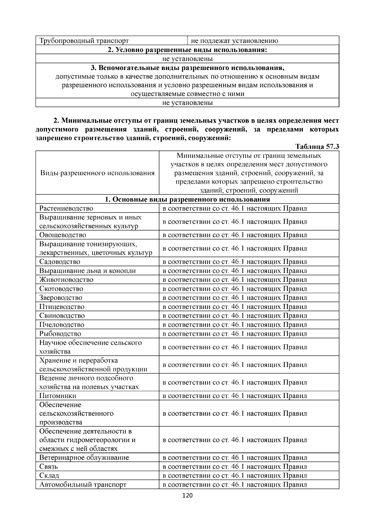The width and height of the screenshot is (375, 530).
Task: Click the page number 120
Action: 187,496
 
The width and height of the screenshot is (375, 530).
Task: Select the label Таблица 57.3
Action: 317,147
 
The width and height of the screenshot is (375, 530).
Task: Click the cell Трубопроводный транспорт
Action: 84,41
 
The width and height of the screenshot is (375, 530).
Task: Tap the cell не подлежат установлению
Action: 234,41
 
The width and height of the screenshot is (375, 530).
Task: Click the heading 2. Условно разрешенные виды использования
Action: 187,50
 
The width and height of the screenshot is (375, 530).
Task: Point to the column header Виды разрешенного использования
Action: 97,173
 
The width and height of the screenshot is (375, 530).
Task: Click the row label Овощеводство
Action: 63,235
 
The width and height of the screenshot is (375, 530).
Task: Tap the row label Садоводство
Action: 60,262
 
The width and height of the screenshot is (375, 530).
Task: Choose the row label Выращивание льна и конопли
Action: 87,271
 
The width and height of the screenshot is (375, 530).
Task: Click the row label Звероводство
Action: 61,298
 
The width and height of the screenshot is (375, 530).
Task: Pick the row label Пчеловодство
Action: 62,324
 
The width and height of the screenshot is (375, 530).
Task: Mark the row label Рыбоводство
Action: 60,334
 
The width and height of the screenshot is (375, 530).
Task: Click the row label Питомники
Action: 58,396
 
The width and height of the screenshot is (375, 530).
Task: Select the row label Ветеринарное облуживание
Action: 84,458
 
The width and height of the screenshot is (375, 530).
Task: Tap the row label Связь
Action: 49,467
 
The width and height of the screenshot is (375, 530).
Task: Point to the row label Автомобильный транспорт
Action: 83,485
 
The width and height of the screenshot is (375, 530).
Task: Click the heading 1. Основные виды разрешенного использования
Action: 187,200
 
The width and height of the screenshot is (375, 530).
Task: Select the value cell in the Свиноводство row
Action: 235,315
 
